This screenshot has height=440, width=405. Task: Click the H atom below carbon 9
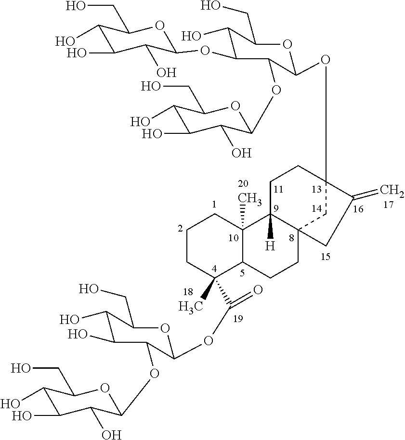[271, 246]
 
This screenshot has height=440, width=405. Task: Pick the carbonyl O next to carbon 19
[258, 290]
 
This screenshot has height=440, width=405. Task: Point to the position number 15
[326, 256]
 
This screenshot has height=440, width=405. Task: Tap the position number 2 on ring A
[180, 229]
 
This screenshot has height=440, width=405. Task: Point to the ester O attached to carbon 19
[209, 341]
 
